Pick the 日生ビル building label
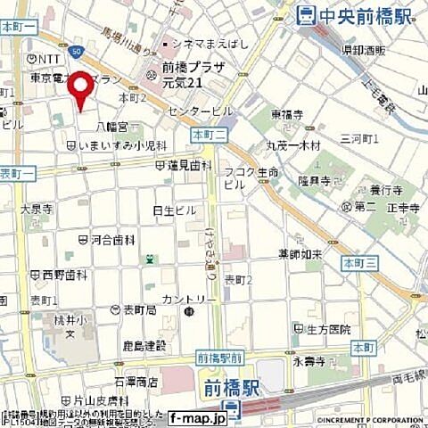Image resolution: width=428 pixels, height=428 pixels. (x=174, y=210)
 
